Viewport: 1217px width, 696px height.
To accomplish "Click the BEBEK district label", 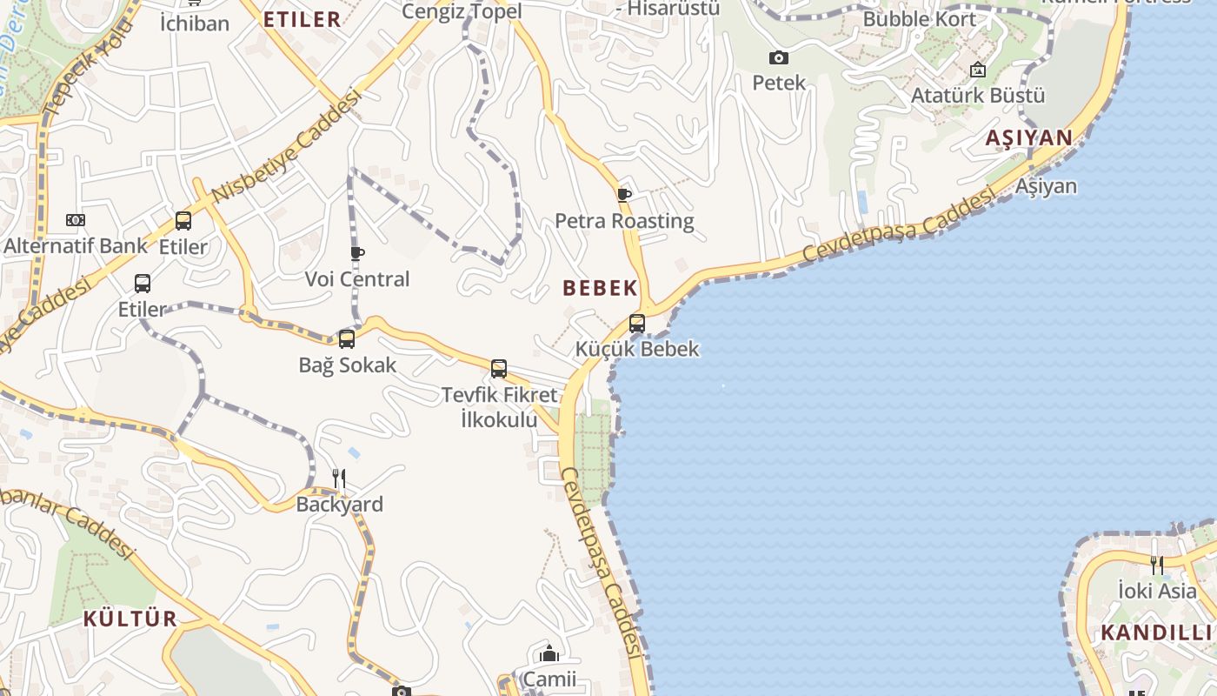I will [600, 288].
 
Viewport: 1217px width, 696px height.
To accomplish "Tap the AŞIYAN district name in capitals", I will [1029, 137].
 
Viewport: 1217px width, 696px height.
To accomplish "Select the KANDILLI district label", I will [1156, 632].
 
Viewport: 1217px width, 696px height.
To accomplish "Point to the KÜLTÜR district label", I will [130, 619].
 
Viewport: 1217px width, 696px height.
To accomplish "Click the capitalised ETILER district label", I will [303, 20].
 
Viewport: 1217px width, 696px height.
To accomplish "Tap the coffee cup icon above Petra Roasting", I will [623, 195].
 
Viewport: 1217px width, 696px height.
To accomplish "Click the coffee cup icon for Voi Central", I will [356, 253].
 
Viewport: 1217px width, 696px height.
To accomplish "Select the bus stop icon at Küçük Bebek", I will [637, 324].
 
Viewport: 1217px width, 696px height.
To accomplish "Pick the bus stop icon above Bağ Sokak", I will [347, 339].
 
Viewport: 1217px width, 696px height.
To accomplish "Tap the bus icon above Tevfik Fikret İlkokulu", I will [499, 369].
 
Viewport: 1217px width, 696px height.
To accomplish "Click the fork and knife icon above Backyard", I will [339, 478].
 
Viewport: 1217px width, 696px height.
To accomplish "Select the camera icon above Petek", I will [779, 58].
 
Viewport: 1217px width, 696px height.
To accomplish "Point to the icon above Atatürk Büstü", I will [978, 70].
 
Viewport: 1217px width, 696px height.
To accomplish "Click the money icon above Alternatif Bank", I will [76, 220].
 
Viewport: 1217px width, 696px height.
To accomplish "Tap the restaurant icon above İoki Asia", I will [1156, 565].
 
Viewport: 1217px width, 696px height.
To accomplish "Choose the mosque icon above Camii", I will [549, 653].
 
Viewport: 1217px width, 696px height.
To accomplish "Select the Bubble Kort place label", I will [920, 18].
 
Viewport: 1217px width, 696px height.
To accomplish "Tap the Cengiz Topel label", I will [462, 11].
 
